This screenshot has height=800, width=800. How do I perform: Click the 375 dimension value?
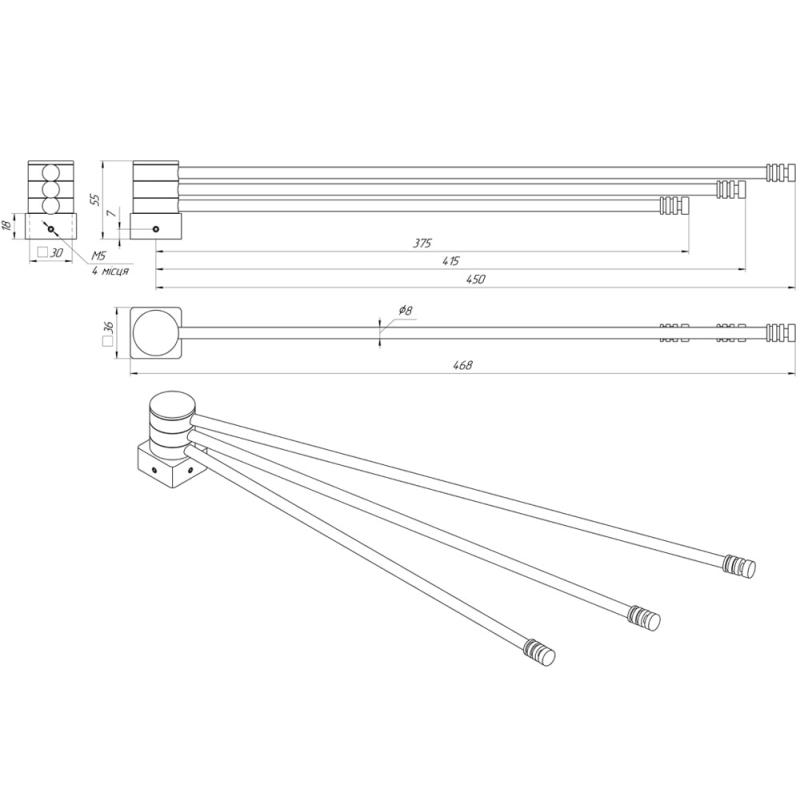pos(422,243)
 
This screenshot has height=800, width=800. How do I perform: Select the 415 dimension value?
pos(451,262)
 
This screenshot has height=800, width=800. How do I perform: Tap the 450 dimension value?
pos(476,280)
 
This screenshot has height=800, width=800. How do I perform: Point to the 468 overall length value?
pos(462,365)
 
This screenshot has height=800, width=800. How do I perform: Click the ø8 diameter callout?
pos(405,310)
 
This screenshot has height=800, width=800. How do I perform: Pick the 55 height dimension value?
pos(95,199)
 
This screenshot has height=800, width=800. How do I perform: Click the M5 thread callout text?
pos(98,256)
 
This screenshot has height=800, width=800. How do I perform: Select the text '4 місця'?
pos(110,270)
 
